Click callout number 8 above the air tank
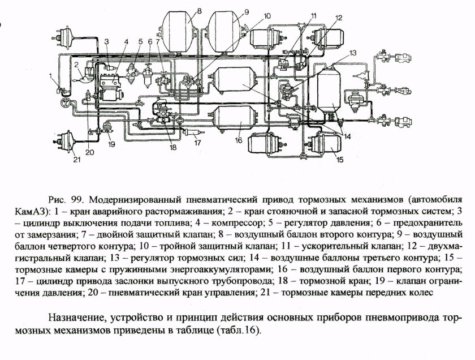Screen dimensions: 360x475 click(199, 10)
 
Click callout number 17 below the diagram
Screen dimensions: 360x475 click(197, 142)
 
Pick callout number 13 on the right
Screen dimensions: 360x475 click(353, 53)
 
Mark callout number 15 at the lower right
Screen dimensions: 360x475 click(339, 160)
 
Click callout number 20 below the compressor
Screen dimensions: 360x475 click(89, 151)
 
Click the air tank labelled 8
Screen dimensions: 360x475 click(178, 31)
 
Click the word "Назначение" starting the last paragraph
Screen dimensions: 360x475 click(77, 317)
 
